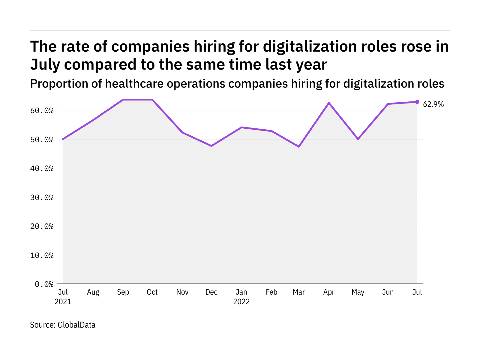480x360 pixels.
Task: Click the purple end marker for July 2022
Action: [x=417, y=102]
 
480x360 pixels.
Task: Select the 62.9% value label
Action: [x=433, y=104]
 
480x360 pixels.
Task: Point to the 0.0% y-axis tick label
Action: [x=44, y=284]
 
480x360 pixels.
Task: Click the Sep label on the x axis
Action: [x=123, y=292]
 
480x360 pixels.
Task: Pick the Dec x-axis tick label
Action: [x=211, y=292]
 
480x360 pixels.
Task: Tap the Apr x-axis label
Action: [x=329, y=292]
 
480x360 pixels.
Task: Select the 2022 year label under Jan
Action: [x=241, y=302]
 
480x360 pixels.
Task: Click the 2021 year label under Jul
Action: [x=63, y=302]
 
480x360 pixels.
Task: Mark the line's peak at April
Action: [x=329, y=103]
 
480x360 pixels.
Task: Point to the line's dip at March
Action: [x=299, y=146]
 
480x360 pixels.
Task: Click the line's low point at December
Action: [x=211, y=146]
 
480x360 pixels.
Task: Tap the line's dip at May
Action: [x=358, y=139]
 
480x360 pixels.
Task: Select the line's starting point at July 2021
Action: [x=63, y=139]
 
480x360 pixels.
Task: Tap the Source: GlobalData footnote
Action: [x=63, y=325]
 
